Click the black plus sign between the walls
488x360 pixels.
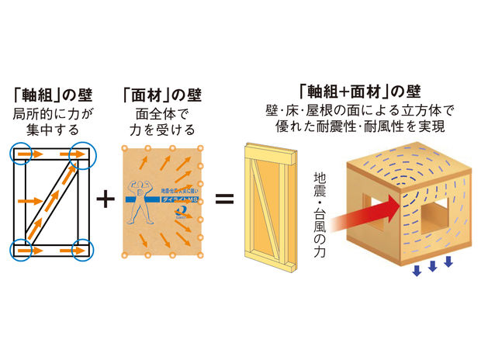click(106, 199)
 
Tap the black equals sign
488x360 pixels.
click(223, 199)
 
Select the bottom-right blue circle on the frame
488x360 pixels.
click(81, 251)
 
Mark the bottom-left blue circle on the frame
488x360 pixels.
click(22, 251)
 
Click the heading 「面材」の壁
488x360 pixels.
click(161, 96)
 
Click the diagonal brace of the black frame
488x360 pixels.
click(53, 201)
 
